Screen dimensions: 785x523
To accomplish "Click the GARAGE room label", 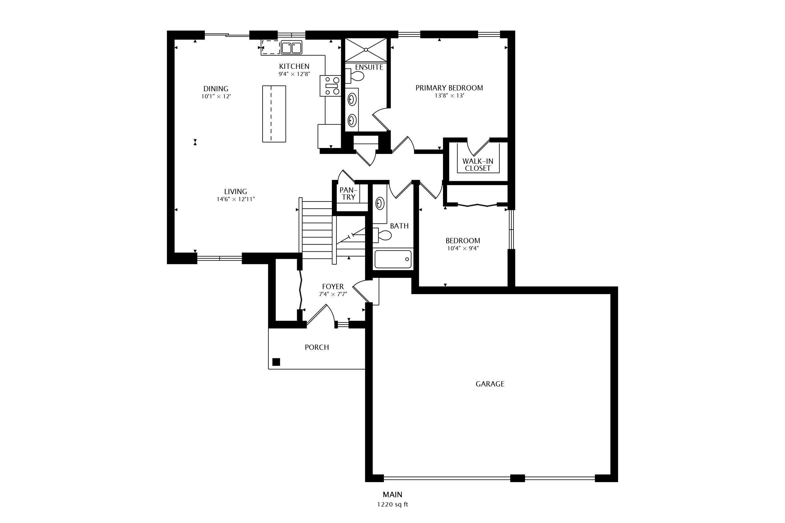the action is pos(489,384).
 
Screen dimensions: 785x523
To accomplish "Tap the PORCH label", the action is pos(317,347).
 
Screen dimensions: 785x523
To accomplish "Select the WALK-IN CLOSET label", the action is pos(477,165).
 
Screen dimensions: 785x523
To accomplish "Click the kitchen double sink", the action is pos(291,47).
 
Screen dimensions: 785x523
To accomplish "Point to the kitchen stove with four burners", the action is pos(330,86).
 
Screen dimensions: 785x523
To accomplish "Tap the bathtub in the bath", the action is pos(393,259).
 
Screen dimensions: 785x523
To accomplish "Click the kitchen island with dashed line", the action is pos(274,114).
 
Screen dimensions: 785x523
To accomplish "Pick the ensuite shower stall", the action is pos(366,50).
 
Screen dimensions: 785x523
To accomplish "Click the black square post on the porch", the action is pos(276,362).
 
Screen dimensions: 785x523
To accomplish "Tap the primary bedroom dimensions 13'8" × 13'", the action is pos(449,96).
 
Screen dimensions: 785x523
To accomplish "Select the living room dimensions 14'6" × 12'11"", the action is pos(235,199).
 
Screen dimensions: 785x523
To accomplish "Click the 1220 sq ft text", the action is pos(392,504).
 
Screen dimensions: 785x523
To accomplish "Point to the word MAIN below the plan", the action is pos(392,494).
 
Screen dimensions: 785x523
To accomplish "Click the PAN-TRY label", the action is pos(348,194).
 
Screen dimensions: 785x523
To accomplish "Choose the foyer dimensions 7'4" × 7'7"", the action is pos(333,294).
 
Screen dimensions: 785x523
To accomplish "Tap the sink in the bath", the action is pos(380,203).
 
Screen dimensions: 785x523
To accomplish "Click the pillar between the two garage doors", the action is pos(517,478).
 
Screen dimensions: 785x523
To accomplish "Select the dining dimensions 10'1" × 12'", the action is pos(216,96).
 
